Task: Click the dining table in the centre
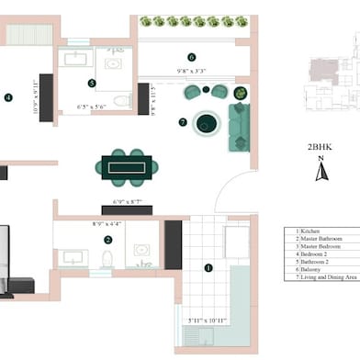coord(129,166)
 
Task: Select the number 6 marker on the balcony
coord(192,57)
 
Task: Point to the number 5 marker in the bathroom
coord(92,83)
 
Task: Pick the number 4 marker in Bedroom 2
coord(7,96)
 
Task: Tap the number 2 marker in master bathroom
coord(107,240)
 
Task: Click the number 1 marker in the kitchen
coord(208,268)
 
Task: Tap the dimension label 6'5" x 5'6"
coord(91,107)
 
